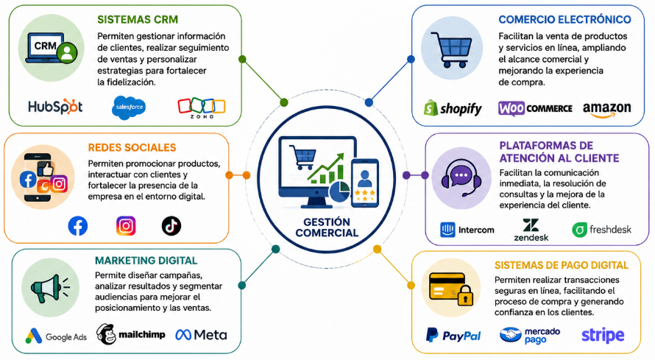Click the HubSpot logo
pyautogui.click(x=55, y=107)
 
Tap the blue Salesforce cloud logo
pyautogui.click(x=129, y=107)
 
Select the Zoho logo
pyautogui.click(x=202, y=108)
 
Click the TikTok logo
pyautogui.click(x=171, y=226)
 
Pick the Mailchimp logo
pyautogui.click(x=131, y=334)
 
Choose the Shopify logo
pyautogui.click(x=453, y=108)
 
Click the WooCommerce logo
pyautogui.click(x=535, y=108)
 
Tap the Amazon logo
pyautogui.click(x=607, y=110)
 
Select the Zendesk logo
pyautogui.click(x=531, y=230)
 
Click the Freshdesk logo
pyautogui.click(x=601, y=229)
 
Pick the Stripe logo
pyautogui.click(x=603, y=336)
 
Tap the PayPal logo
pyautogui.click(x=453, y=336)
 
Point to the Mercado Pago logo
pyautogui.click(x=530, y=336)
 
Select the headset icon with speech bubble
pyautogui.click(x=461, y=178)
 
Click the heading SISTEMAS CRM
pyautogui.click(x=138, y=20)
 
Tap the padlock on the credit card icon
pyautogui.click(x=465, y=296)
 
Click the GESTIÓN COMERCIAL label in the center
pyautogui.click(x=327, y=227)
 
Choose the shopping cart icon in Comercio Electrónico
pyautogui.click(x=452, y=49)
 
